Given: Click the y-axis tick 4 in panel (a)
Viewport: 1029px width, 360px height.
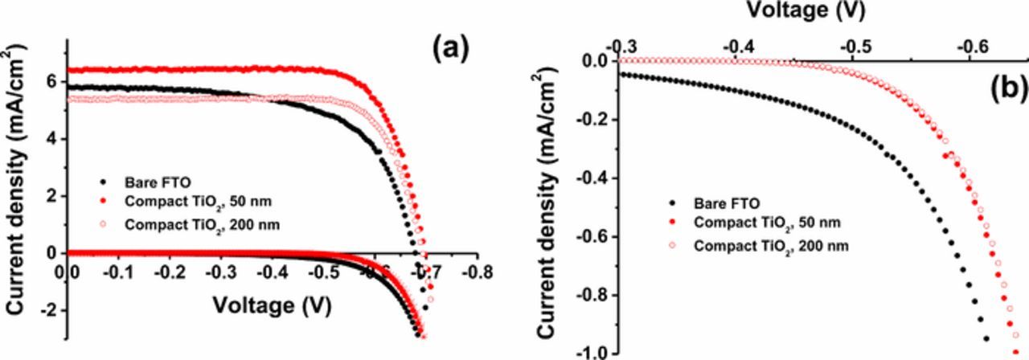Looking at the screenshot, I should pos(54,139).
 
